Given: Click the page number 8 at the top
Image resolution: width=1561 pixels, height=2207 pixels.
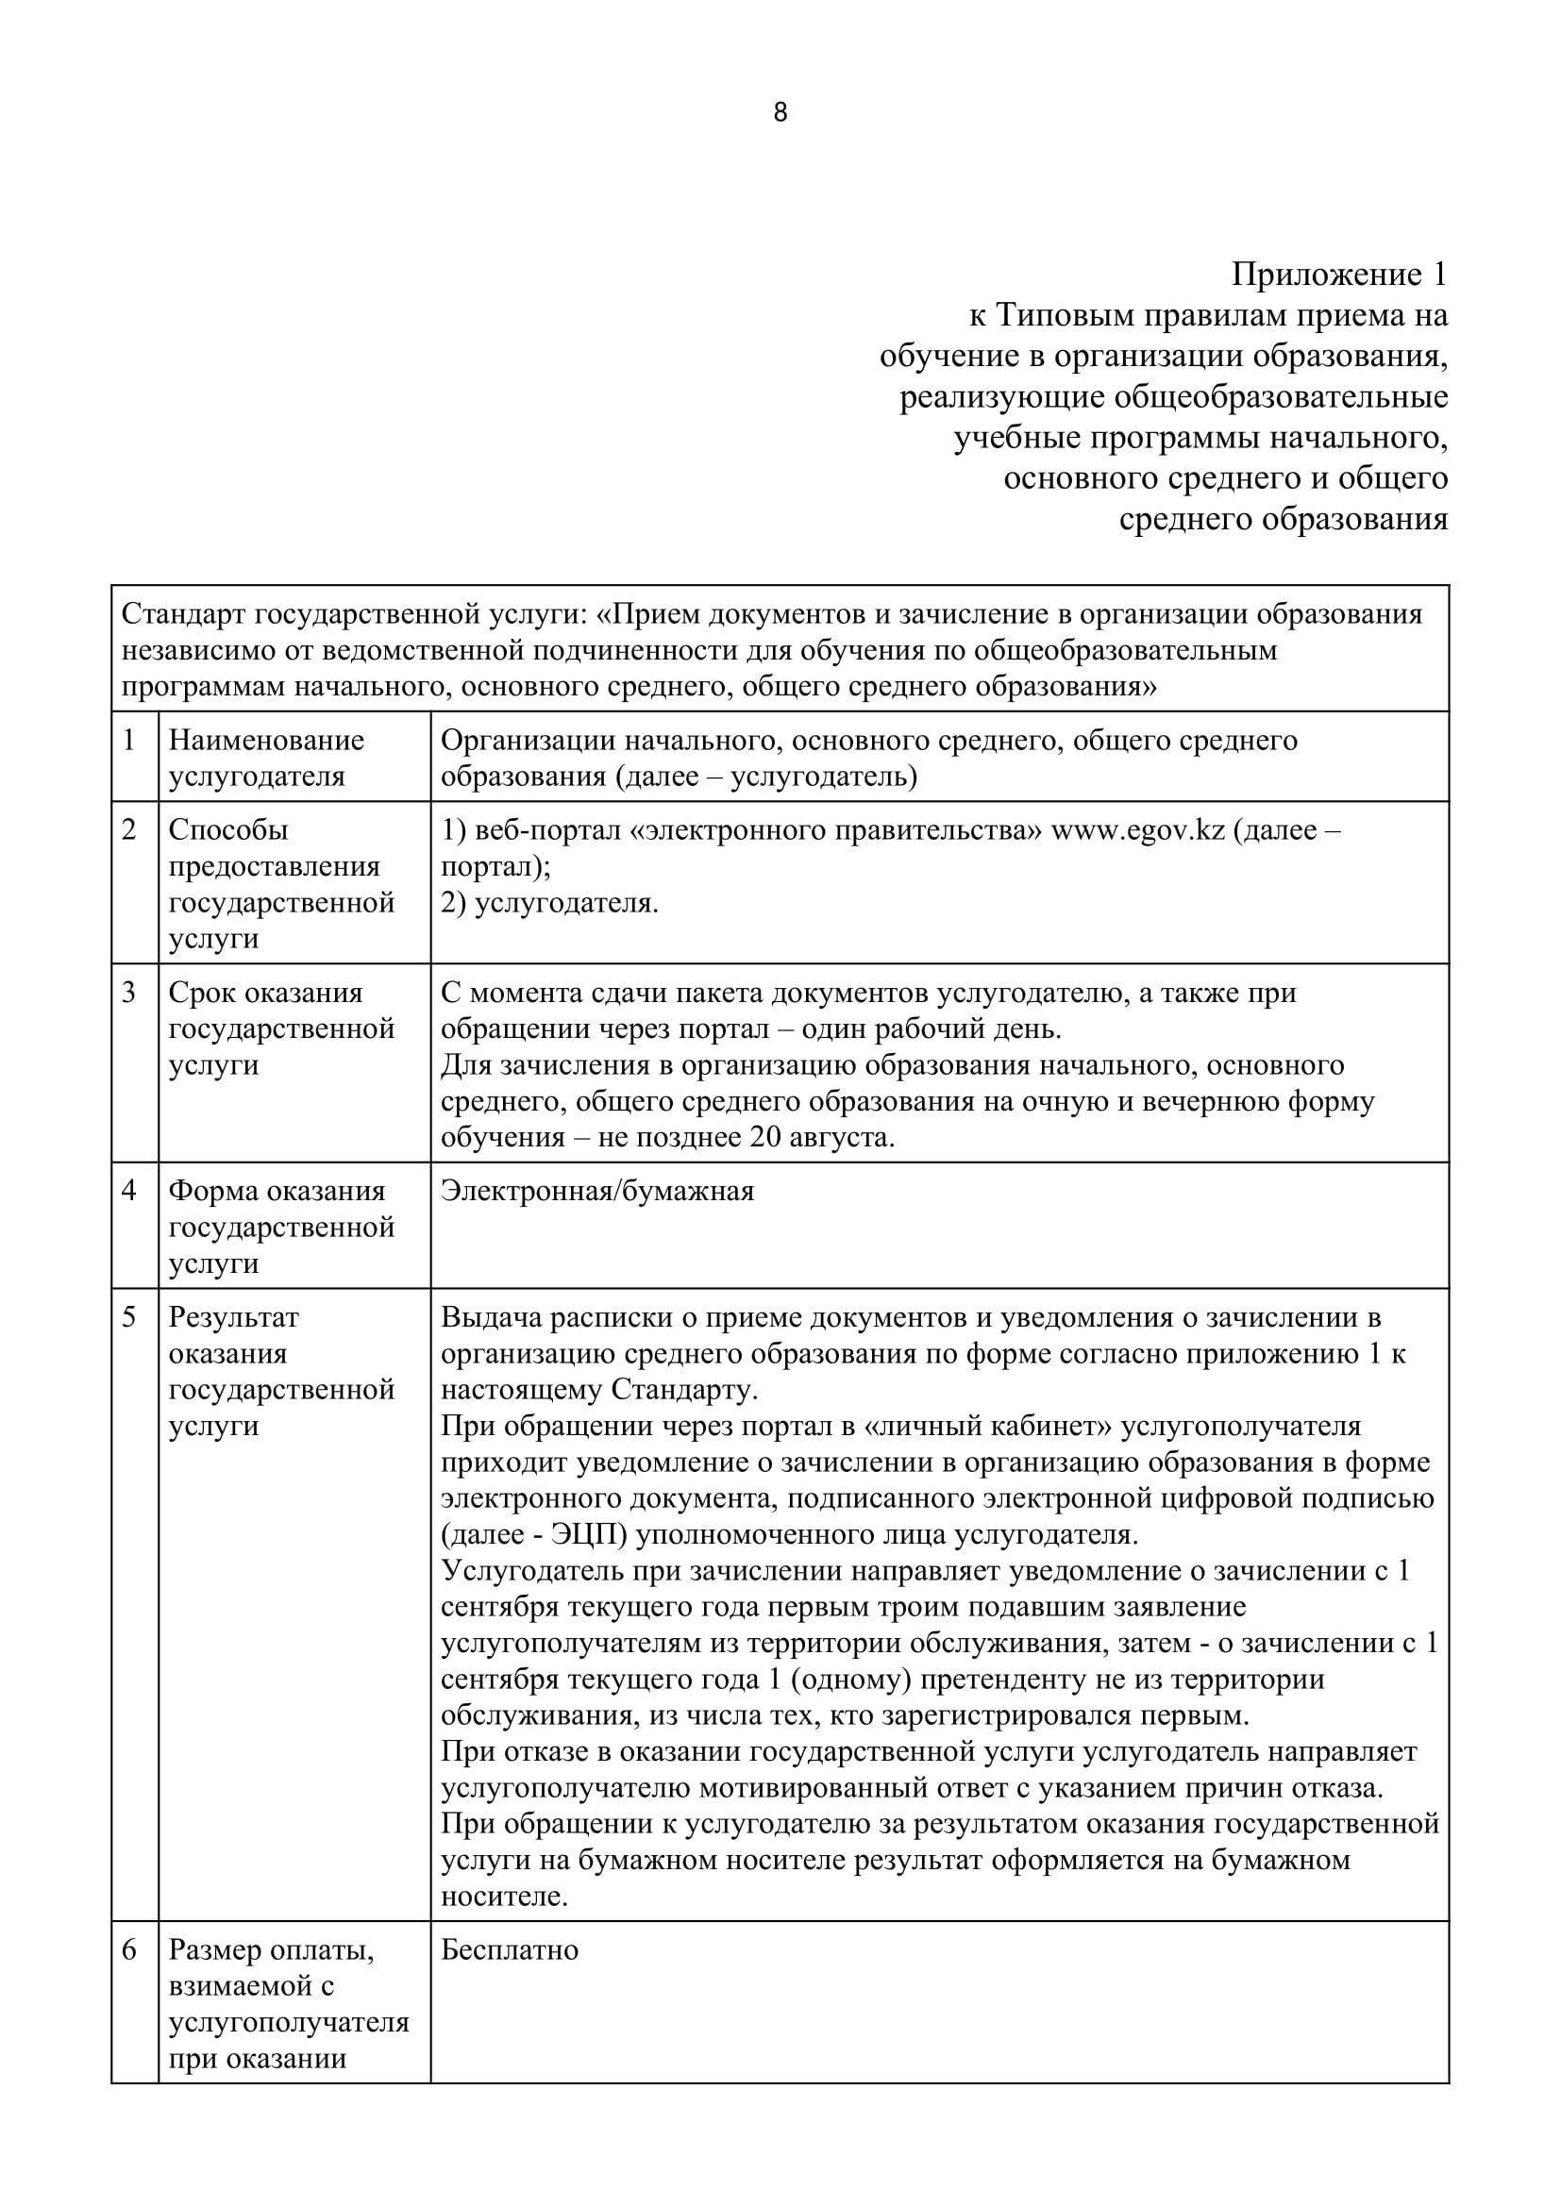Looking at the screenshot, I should tap(780, 113).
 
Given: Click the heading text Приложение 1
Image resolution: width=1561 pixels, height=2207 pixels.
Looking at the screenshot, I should tap(1339, 275).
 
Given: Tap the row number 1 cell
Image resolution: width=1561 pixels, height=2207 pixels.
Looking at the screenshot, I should tap(129, 740).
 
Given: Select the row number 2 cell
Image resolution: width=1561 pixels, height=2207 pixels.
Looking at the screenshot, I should tap(129, 829).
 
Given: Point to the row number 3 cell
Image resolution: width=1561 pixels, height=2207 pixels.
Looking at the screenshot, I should tap(129, 992).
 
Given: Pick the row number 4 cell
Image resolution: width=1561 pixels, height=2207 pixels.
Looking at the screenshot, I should tap(129, 1191).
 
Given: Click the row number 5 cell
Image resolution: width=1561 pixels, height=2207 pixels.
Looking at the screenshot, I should tap(129, 1317).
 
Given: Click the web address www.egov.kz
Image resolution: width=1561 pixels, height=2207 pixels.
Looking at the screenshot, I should tap(1138, 830).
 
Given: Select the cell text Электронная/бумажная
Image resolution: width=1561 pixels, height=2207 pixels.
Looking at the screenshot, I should tap(596, 1192).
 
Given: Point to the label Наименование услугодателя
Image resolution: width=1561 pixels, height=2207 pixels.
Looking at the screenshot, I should tap(266, 759).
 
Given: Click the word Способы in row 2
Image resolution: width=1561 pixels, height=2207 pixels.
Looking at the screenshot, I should tap(228, 830).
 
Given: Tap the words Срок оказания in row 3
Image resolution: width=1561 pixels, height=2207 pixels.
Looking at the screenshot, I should tap(265, 992).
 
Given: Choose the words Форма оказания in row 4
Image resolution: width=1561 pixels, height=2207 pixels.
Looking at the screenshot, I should tap(277, 1191).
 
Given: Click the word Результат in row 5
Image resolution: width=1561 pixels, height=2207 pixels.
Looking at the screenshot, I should tap(233, 1317).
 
